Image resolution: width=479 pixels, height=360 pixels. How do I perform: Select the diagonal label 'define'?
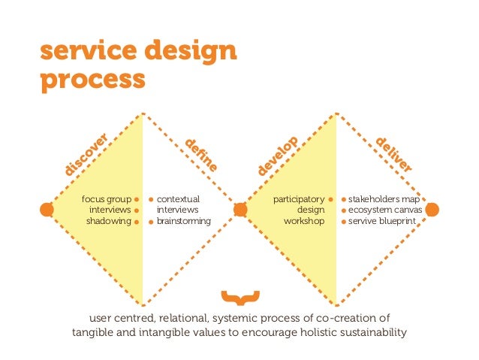pos(201,153)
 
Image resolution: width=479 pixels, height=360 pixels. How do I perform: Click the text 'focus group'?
pos(106,199)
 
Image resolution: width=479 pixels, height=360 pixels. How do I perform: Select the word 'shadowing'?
pos(108,222)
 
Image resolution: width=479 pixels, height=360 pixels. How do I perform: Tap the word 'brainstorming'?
pos(184,222)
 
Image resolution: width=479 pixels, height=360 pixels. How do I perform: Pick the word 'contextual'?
pos(178,199)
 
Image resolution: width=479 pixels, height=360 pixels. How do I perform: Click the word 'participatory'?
pos(298,199)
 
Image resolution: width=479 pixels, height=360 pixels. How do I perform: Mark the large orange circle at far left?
pos(47,210)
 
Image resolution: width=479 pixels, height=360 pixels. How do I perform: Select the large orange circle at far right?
pos(432,210)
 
